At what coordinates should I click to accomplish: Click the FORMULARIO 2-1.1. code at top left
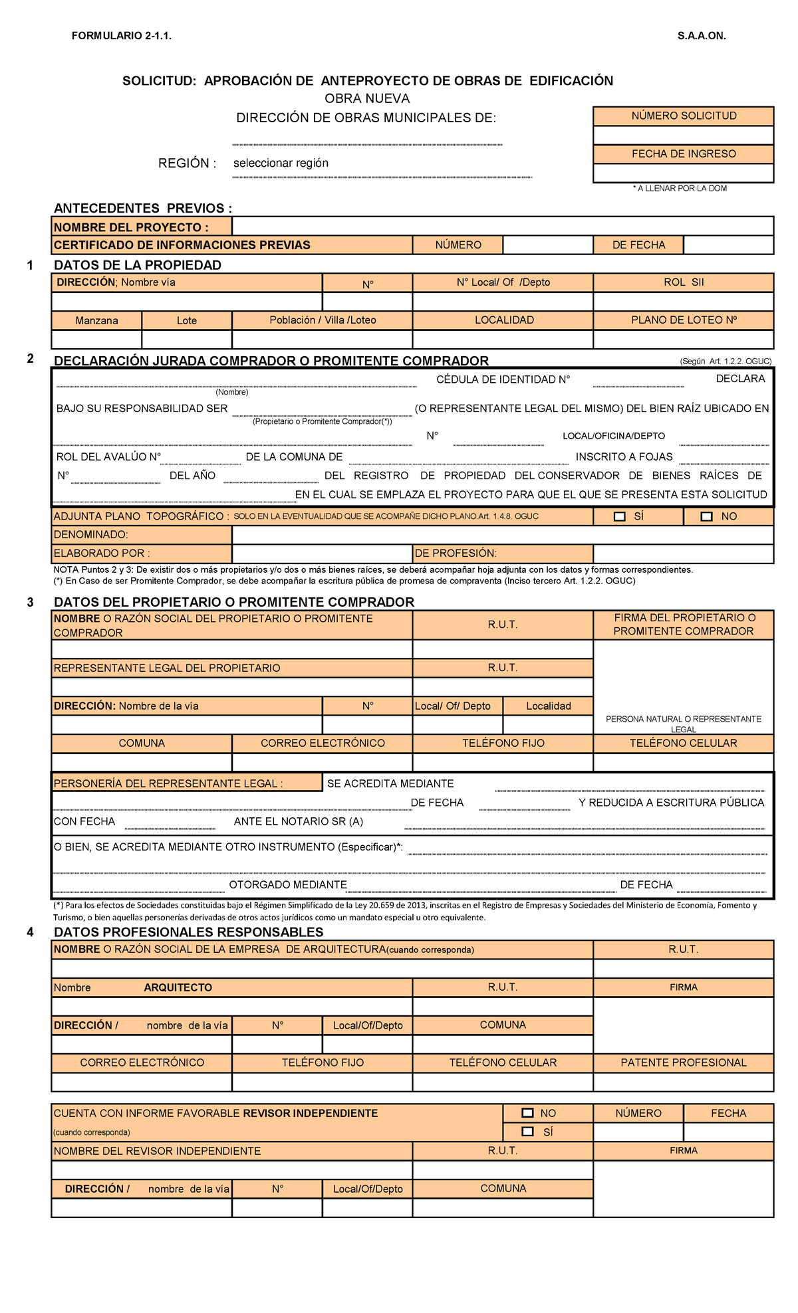pyautogui.click(x=122, y=36)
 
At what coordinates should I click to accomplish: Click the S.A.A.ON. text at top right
pyautogui.click(x=702, y=36)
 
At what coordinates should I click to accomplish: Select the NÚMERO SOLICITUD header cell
pyautogui.click(x=684, y=116)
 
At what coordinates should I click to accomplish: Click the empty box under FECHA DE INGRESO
pyautogui.click(x=684, y=173)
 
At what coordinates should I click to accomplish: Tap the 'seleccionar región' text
pyautogui.click(x=281, y=163)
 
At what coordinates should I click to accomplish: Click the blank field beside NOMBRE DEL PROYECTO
pyautogui.click(x=502, y=227)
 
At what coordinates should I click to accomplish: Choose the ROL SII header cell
pyautogui.click(x=684, y=282)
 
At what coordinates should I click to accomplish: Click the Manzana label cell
pyautogui.click(x=96, y=320)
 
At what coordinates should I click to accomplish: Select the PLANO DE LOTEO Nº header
pyautogui.click(x=684, y=320)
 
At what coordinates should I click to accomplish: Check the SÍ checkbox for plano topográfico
pyautogui.click(x=620, y=516)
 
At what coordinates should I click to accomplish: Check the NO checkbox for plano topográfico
pyautogui.click(x=706, y=516)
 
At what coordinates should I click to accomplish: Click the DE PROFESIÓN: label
pyautogui.click(x=456, y=554)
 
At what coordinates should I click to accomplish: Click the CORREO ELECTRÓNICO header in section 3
pyautogui.click(x=323, y=743)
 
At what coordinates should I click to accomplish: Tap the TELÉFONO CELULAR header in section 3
pyautogui.click(x=684, y=743)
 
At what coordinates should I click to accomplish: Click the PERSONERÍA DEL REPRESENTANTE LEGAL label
pyautogui.click(x=168, y=783)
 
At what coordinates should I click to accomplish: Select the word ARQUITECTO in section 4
pyautogui.click(x=178, y=987)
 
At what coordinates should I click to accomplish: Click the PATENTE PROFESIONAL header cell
pyautogui.click(x=684, y=1062)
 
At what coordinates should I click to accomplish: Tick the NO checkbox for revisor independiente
pyautogui.click(x=528, y=1112)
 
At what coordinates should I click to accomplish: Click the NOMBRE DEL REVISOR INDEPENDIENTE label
pyautogui.click(x=157, y=1151)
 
